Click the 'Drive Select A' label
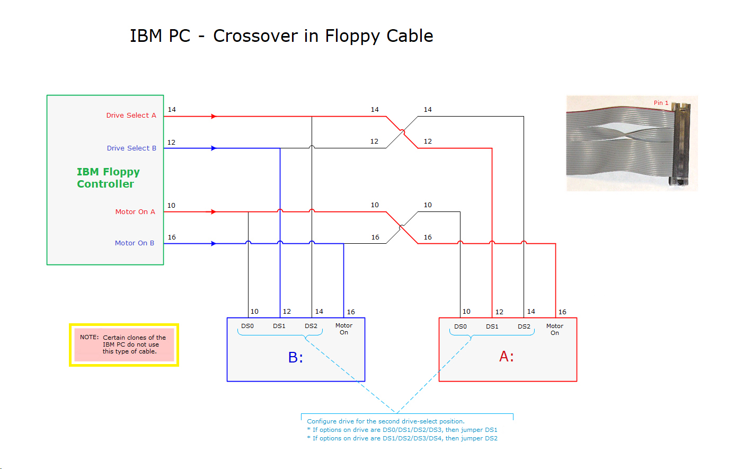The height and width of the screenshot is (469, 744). [131, 116]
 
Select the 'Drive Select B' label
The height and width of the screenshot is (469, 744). [131, 148]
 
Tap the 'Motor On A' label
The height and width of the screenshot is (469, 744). [135, 212]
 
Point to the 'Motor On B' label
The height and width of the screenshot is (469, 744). [135, 243]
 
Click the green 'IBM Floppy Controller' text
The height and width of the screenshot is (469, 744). [108, 178]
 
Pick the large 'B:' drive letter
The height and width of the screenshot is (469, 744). [296, 358]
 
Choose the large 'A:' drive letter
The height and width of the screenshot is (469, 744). [507, 357]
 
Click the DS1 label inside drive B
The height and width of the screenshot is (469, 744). [279, 326]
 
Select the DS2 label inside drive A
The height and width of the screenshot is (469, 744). [524, 327]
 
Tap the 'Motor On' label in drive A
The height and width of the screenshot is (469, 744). [555, 330]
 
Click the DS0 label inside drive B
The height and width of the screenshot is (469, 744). [247, 326]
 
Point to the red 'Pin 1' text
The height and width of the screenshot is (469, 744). [661, 103]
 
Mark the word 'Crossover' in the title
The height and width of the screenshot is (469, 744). [255, 36]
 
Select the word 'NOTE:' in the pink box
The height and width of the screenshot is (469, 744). [89, 337]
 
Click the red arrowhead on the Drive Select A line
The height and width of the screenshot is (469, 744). [214, 117]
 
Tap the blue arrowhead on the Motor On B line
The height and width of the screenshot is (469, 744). [214, 244]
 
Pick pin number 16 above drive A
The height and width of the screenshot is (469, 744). [562, 312]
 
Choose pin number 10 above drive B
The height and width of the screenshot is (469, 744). [254, 312]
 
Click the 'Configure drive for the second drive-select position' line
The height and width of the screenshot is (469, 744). [385, 422]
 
